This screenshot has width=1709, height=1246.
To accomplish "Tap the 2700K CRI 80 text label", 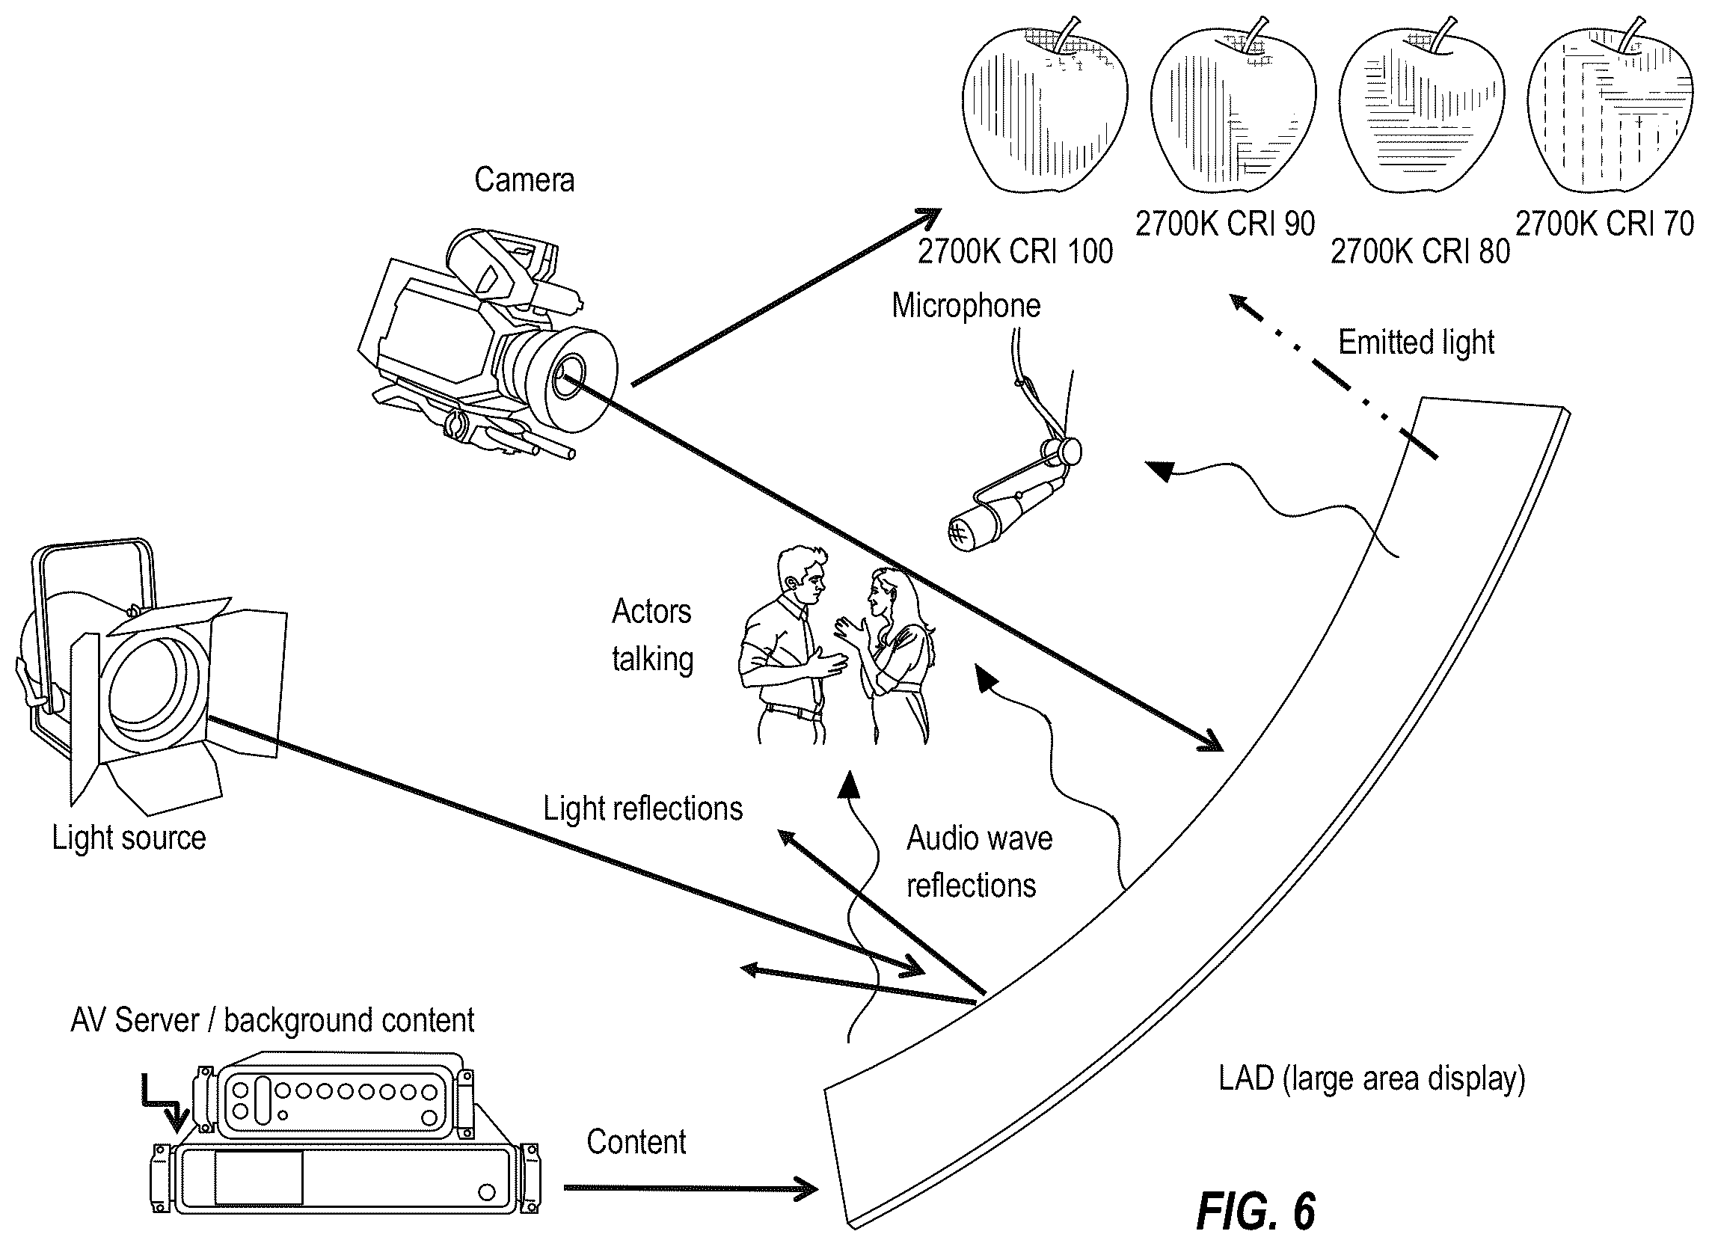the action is coord(1420,252).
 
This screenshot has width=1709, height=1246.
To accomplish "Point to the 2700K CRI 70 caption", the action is coord(1605,224).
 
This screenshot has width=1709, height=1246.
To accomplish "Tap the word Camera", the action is coord(524,180).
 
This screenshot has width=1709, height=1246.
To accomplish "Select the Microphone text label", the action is coord(966,306).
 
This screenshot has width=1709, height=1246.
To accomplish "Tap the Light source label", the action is coord(129,838).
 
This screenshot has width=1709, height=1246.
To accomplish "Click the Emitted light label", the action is coord(1417,343).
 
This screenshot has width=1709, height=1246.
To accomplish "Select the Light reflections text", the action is coord(643,808).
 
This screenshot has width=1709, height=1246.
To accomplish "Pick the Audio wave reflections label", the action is coord(979,862).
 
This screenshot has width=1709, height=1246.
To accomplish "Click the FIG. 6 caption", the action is coord(1256,1212).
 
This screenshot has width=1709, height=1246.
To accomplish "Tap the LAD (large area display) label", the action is coord(1372,1079).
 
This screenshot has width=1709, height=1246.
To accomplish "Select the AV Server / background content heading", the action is coord(272,1020).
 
